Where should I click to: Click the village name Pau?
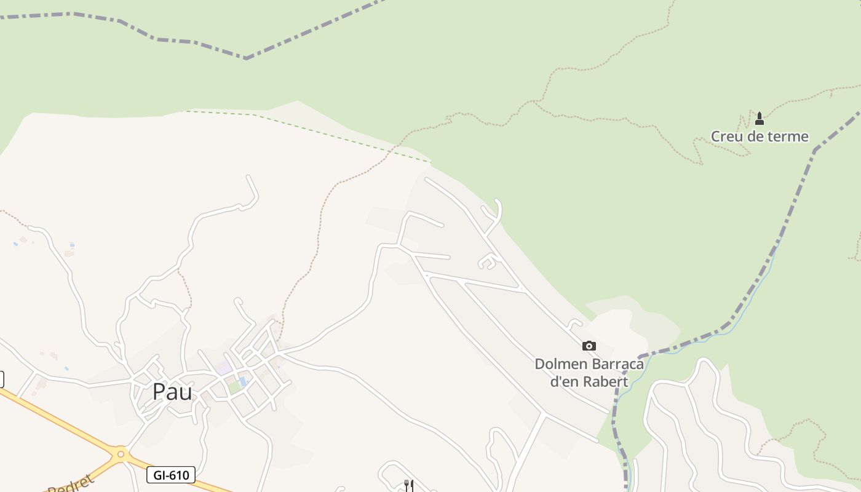coord(172,391)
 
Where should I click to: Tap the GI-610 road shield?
coord(171,475)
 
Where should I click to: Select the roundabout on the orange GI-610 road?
coord(121,455)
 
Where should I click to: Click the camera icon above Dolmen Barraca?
coord(589,346)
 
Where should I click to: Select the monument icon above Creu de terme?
coord(760,118)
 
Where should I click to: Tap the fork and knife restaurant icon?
coord(408,486)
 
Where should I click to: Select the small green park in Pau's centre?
coord(234,387)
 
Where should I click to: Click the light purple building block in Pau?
coord(224,368)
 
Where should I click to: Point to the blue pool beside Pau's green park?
coord(244,382)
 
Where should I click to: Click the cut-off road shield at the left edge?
coord(1,379)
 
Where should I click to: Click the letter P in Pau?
coord(159,391)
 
